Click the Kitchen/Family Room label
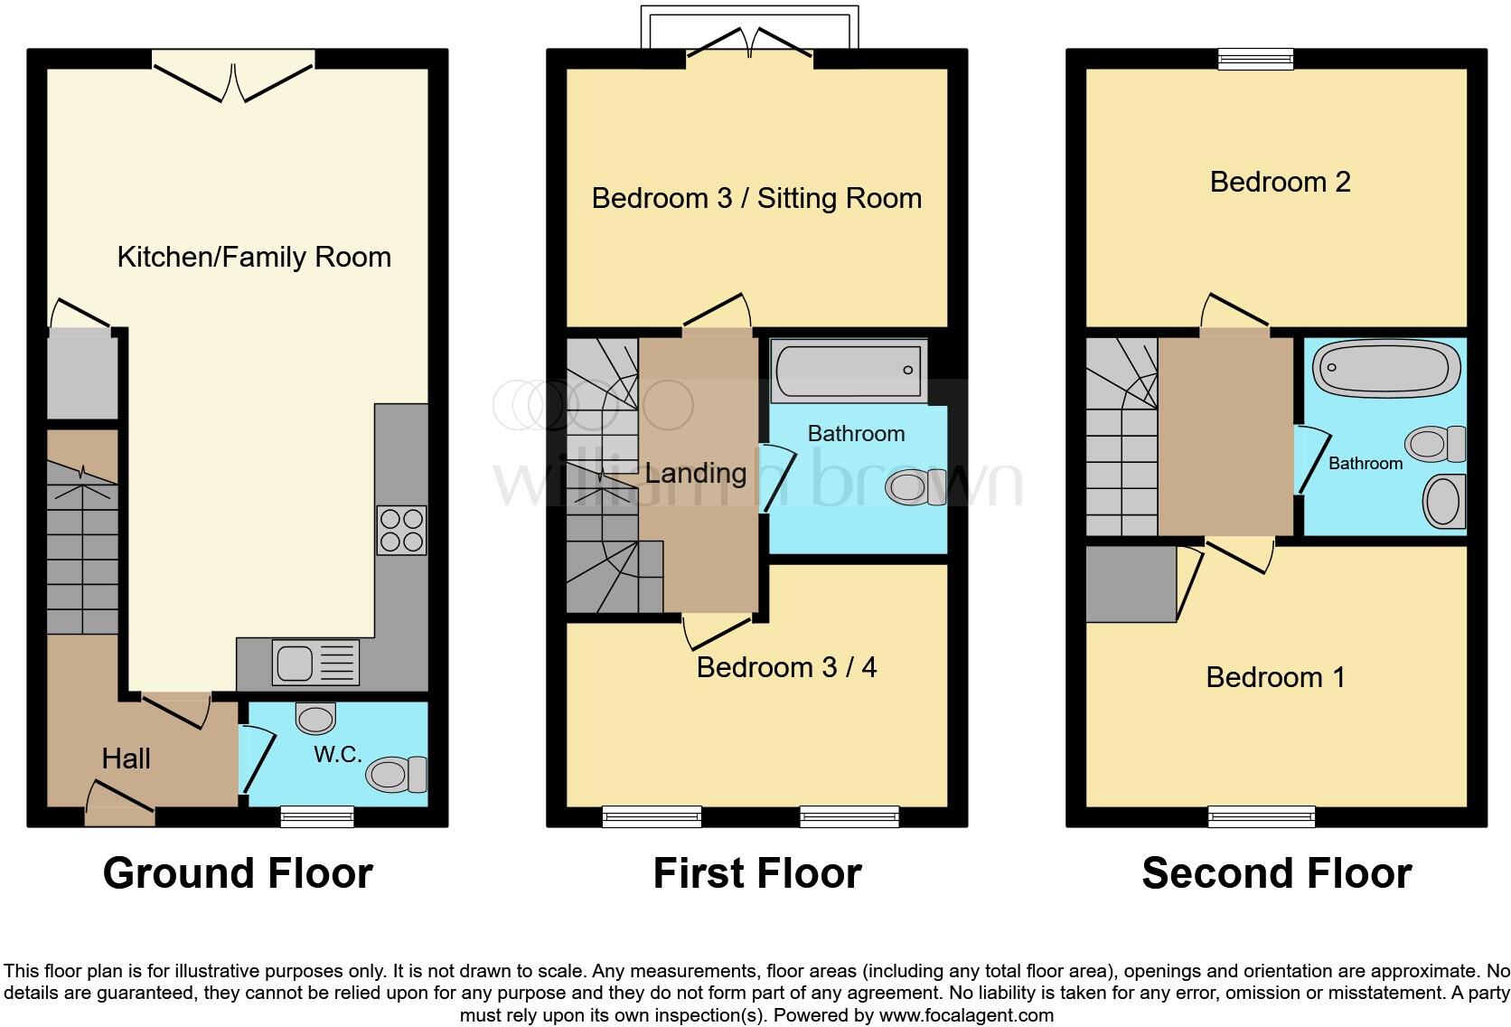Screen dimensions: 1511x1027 coord(254,257)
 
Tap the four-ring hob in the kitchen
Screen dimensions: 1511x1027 coord(401,531)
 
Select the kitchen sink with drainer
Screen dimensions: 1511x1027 coord(315,663)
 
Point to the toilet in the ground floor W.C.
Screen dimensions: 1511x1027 coord(397,774)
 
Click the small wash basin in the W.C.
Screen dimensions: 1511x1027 coord(315,718)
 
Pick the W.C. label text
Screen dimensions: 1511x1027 coord(338,754)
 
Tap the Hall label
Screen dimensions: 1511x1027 coord(127,758)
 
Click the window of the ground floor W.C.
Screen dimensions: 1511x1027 coord(317,816)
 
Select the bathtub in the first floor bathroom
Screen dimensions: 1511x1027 coord(849,371)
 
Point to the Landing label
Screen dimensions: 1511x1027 coord(696,473)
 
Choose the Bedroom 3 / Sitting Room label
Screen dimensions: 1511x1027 coord(756,198)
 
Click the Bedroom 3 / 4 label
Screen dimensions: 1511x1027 coord(786,667)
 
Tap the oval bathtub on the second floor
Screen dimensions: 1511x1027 coord(1386,368)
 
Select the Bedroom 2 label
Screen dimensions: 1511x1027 coord(1281,183)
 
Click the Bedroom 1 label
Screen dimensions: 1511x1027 coord(1275,677)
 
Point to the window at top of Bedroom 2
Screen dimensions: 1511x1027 coord(1255,59)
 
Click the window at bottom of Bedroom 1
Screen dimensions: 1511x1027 coord(1262,816)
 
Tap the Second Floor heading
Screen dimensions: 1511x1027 coord(1277,873)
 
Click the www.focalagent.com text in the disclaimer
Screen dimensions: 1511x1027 coord(967,1015)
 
